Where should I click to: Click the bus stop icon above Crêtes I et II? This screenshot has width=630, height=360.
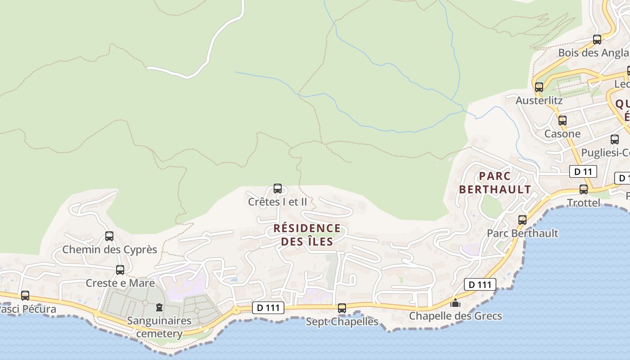click(x=278, y=189)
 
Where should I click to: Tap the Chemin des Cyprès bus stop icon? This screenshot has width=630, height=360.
click(x=109, y=236)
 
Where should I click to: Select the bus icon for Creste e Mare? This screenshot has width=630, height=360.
click(x=120, y=270)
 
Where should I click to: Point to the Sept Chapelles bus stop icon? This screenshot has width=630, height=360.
click(x=342, y=308)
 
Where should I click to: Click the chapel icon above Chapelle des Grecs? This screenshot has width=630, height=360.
click(x=455, y=303)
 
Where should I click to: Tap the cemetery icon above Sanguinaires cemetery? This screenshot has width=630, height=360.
click(x=159, y=308)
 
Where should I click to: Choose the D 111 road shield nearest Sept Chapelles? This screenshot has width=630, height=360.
click(x=268, y=308)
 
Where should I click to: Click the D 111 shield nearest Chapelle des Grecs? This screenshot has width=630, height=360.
click(x=480, y=284)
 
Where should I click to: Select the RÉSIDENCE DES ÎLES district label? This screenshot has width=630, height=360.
click(x=307, y=235)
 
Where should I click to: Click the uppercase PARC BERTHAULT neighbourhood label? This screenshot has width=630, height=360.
click(x=495, y=183)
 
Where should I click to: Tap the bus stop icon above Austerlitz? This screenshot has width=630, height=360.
click(x=539, y=87)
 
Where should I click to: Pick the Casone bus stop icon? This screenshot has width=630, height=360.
click(x=562, y=121)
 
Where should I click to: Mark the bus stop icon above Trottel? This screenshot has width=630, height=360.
click(x=584, y=189)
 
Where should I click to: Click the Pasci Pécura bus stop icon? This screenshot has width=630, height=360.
click(x=25, y=296)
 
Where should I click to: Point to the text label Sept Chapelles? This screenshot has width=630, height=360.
click(x=342, y=322)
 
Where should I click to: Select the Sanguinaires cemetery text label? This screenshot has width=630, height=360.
click(x=159, y=327)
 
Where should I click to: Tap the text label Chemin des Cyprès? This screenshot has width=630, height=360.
click(x=109, y=249)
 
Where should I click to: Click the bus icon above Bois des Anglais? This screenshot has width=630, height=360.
click(x=597, y=40)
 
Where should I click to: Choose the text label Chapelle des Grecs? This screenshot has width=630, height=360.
click(x=455, y=316)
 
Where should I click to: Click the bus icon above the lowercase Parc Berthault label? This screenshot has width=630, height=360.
click(x=522, y=220)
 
